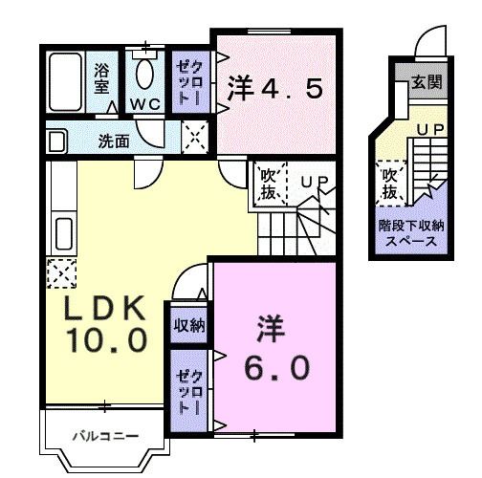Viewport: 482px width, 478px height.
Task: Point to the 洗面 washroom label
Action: point(114,140)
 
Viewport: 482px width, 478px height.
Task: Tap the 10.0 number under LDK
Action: point(106,339)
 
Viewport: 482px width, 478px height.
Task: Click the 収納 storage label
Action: point(189,325)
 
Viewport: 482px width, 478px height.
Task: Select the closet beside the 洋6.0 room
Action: point(187,383)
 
